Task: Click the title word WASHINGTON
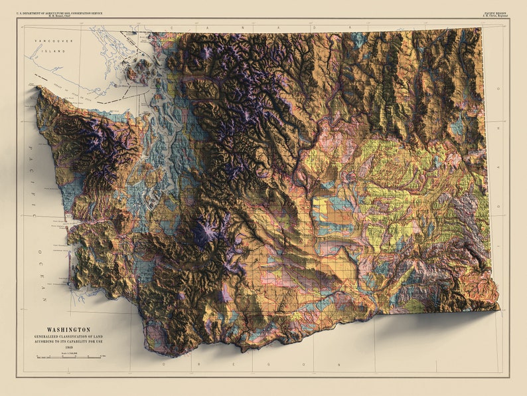(68, 330)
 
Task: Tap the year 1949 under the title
(68, 346)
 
